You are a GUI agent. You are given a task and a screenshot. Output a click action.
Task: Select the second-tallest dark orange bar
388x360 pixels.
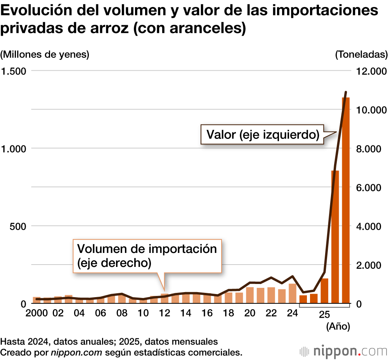click(335, 237)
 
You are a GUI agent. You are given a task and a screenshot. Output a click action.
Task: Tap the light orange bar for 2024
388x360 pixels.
click(293, 294)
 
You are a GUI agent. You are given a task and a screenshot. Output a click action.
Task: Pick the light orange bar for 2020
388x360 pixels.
click(250, 295)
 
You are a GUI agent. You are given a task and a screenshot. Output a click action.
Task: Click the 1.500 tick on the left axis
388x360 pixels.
click(15, 71)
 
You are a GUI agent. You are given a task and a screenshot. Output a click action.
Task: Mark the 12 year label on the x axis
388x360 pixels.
click(165, 313)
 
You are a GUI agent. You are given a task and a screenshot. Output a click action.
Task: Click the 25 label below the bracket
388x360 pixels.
click(324, 315)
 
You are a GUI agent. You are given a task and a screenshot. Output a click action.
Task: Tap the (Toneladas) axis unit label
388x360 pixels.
click(361, 55)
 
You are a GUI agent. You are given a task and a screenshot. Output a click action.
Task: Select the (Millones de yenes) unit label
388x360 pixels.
click(45, 55)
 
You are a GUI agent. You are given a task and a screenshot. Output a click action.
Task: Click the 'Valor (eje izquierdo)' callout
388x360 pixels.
click(263, 135)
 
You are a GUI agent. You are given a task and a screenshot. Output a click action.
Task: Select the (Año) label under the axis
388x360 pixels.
click(338, 327)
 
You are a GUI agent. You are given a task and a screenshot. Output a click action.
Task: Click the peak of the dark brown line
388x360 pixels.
click(346, 92)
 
